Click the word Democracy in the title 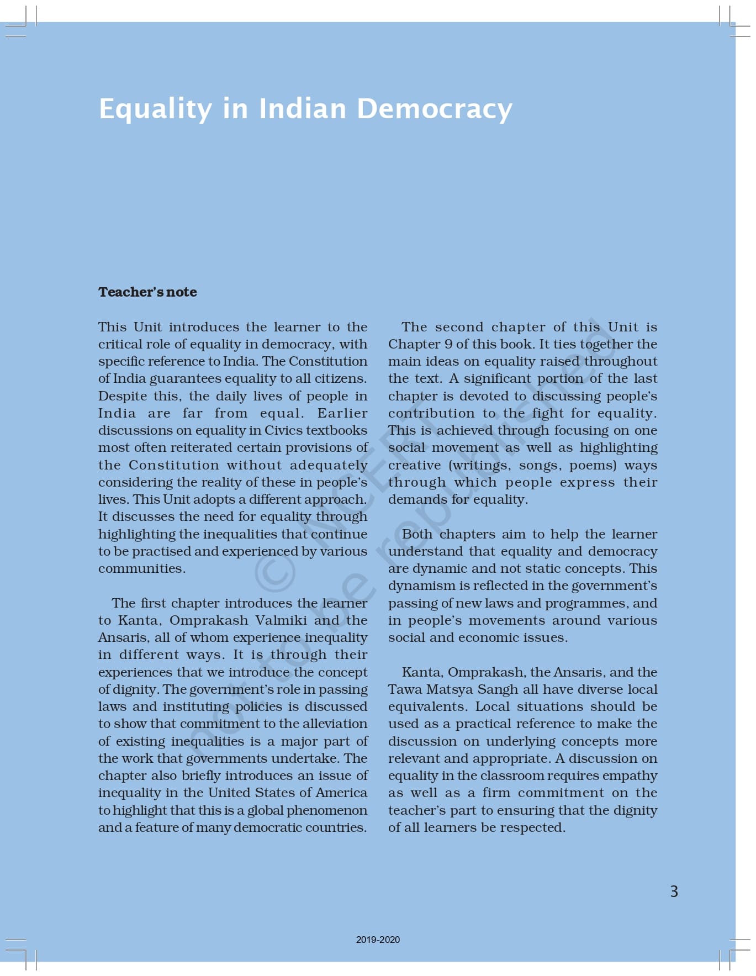pyautogui.click(x=435, y=109)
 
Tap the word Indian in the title pyautogui.click(x=302, y=109)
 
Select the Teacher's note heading pyautogui.click(x=147, y=292)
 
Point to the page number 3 pyautogui.click(x=674, y=891)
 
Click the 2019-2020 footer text pyautogui.click(x=378, y=940)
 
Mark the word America pyautogui.click(x=341, y=793)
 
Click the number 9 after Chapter pyautogui.click(x=448, y=344)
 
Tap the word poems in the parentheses pyautogui.click(x=593, y=465)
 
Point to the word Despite pyautogui.click(x=121, y=396)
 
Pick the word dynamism pyautogui.click(x=416, y=586)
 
